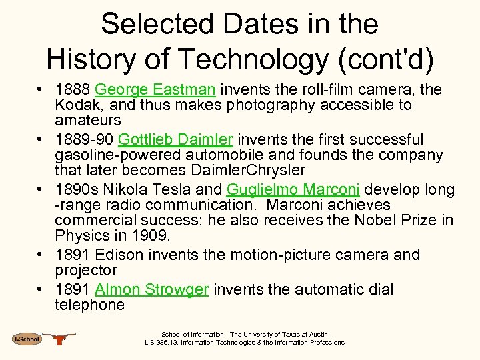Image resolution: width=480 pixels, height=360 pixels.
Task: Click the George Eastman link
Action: [x=155, y=89]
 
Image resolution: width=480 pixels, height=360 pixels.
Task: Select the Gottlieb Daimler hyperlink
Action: [x=175, y=139]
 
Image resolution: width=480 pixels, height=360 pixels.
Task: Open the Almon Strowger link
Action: [x=152, y=289]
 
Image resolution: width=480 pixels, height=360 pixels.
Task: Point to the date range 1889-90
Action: [x=85, y=139]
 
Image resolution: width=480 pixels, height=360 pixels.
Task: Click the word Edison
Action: [x=119, y=255]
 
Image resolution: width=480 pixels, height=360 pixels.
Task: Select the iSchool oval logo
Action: [x=27, y=339]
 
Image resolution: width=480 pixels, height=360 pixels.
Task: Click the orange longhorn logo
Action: [x=60, y=339]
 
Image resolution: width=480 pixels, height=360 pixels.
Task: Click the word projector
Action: [x=86, y=271]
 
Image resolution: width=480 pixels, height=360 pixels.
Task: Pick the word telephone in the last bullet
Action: [x=89, y=305]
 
